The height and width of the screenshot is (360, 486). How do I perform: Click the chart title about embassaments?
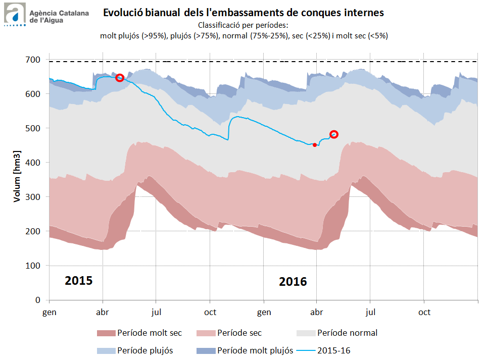[x=244, y=12]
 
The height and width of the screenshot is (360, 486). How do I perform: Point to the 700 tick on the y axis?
[x=34, y=60]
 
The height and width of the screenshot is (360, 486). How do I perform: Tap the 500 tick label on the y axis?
[x=34, y=128]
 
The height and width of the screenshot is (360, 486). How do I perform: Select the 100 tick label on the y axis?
[x=34, y=266]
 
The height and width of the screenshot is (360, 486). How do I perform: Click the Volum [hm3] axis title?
[x=17, y=176]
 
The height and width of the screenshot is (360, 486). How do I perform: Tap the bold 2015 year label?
[x=79, y=280]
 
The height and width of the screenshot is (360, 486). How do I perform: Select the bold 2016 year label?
[x=293, y=281]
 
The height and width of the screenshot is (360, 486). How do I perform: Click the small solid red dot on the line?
[x=315, y=145]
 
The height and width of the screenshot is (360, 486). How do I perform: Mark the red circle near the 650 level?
[x=120, y=78]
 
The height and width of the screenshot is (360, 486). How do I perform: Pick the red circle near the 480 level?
[x=334, y=134]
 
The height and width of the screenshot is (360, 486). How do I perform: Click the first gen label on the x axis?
[x=49, y=312]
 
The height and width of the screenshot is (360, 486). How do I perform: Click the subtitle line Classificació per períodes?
[x=244, y=25]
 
